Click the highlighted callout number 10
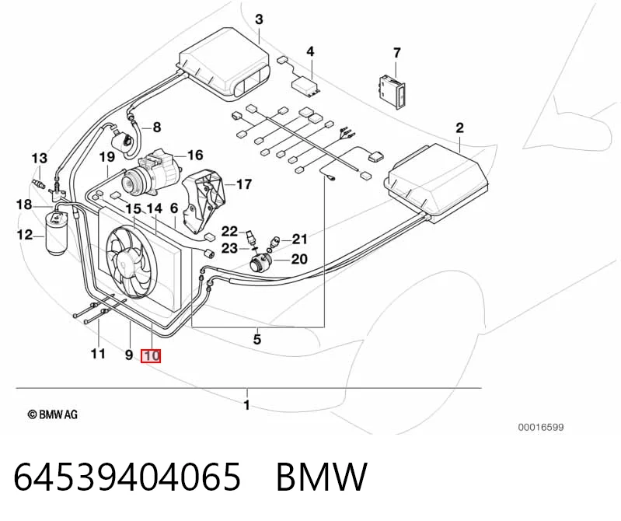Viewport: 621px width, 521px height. point(151,355)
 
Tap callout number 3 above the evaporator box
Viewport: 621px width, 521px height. point(259,19)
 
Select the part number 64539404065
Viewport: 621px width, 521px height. point(127,477)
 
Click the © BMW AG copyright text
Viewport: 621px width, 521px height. point(53,414)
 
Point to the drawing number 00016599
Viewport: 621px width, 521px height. point(541,427)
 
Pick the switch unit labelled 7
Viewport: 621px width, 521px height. point(392,93)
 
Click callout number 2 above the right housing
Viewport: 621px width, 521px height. point(459,128)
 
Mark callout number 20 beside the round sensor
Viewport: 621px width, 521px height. point(299,259)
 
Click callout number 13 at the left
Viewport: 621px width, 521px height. point(39,159)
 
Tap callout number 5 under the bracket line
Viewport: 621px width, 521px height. point(257,340)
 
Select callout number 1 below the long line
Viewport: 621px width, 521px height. point(246,405)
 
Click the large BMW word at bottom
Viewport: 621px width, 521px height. point(322,477)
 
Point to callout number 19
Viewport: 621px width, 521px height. point(107,157)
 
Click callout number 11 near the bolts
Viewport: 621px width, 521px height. point(98,353)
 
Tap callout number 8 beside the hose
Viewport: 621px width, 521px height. point(157,128)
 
